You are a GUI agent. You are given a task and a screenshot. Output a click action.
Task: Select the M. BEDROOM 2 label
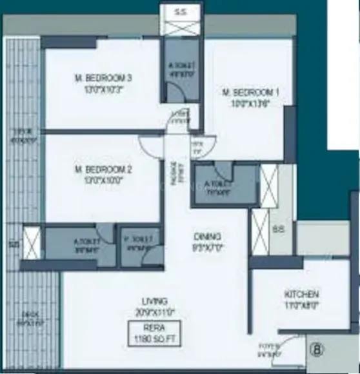(103, 170)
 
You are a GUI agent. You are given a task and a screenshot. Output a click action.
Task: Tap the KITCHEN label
(301, 295)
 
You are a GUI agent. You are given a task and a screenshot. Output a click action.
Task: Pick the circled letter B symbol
(317, 352)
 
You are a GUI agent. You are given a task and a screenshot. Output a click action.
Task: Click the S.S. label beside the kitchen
(278, 230)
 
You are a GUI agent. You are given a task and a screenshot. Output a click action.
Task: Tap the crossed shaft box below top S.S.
(181, 28)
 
